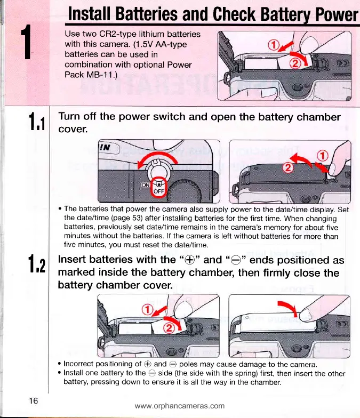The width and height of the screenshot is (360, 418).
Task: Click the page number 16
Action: coord(33,401)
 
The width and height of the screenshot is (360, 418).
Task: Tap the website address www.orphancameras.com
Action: coord(180,406)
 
